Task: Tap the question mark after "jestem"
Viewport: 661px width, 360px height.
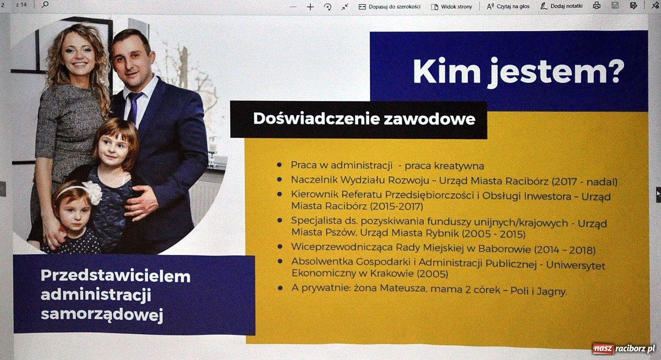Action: [611, 71]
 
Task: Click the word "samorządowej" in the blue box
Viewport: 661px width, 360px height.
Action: [102, 315]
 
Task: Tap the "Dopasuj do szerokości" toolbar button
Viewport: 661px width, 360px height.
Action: [390, 6]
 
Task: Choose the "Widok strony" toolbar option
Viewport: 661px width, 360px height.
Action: [452, 7]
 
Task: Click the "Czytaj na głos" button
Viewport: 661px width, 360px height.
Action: [508, 6]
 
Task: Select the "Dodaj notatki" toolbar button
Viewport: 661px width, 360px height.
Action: [561, 6]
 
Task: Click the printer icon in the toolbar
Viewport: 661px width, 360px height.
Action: [597, 6]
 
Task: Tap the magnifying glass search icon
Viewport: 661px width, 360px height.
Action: [45, 5]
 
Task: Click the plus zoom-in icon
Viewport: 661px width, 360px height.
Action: [310, 7]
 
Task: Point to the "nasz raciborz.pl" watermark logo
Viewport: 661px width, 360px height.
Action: [624, 348]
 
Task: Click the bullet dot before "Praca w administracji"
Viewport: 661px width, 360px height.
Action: [280, 165]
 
